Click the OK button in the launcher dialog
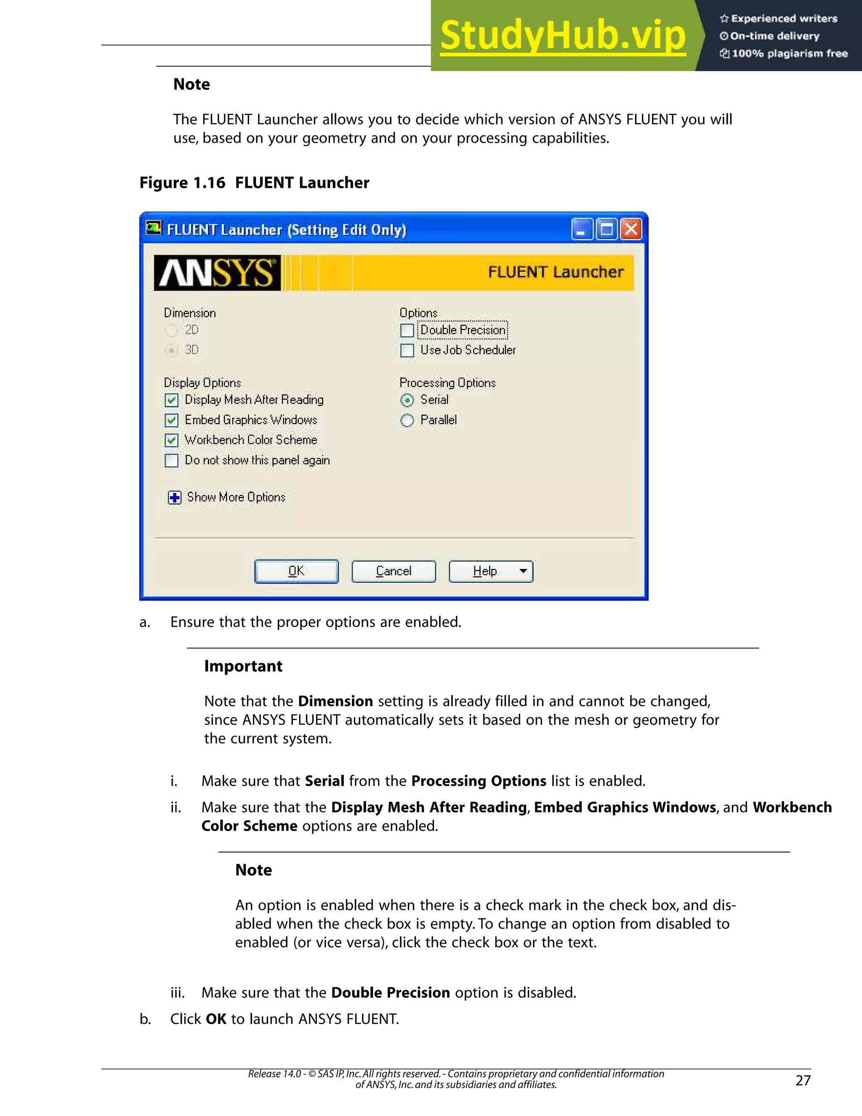(x=296, y=571)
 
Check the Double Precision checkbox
(x=407, y=331)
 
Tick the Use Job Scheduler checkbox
(x=407, y=350)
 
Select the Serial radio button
(x=407, y=400)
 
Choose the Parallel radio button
(x=407, y=421)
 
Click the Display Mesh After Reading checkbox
(x=172, y=400)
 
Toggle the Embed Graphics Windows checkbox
(x=172, y=421)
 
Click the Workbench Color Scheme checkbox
(x=172, y=441)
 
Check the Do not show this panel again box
(x=172, y=460)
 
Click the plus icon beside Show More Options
(x=175, y=498)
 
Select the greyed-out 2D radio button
(x=172, y=331)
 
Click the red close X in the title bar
(x=631, y=230)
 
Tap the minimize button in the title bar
(x=582, y=230)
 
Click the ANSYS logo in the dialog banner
(x=218, y=273)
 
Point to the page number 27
(x=803, y=1080)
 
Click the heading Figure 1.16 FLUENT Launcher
(x=254, y=183)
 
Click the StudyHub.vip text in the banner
(x=563, y=36)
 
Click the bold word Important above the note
(x=243, y=666)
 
